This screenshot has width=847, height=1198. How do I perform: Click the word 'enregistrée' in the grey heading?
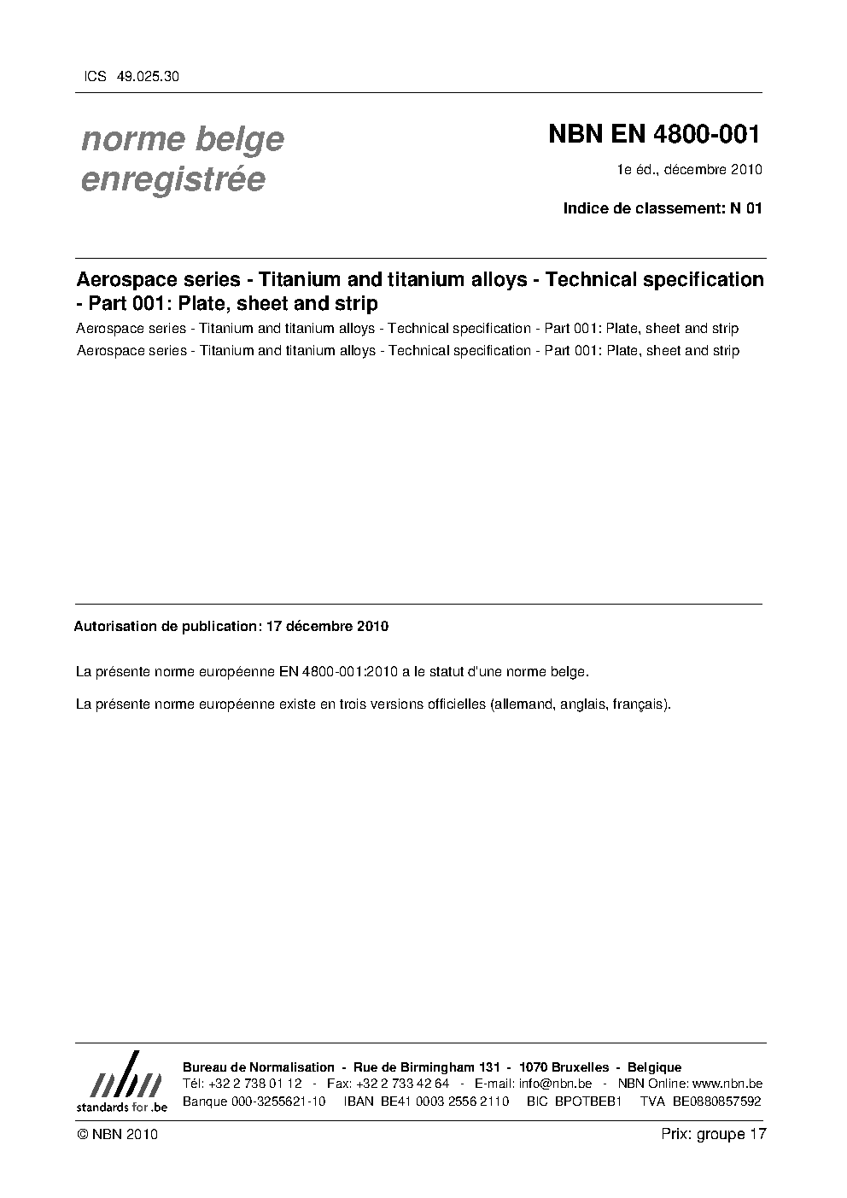click(x=172, y=179)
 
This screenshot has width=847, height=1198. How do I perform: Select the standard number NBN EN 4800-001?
click(x=653, y=134)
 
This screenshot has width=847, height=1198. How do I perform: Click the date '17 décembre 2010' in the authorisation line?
click(x=327, y=626)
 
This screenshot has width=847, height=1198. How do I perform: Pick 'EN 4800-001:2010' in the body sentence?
click(x=336, y=671)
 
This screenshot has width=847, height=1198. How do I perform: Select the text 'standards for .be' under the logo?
click(x=121, y=1106)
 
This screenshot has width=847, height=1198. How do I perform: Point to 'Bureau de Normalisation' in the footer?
click(x=259, y=1067)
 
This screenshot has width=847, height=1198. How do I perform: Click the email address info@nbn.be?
click(x=555, y=1084)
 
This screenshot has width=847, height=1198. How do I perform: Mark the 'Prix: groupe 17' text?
click(x=714, y=1134)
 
